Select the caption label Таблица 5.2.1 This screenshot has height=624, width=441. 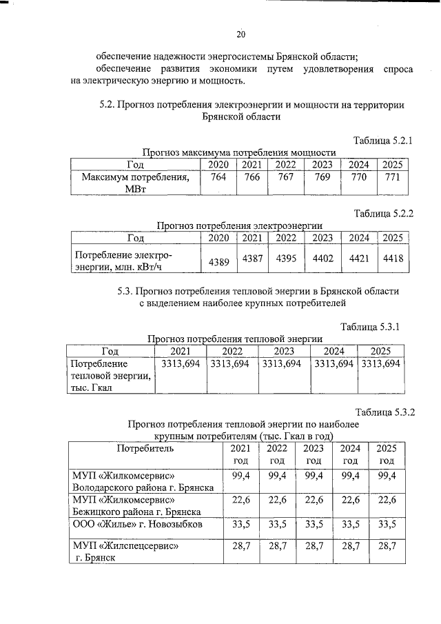[382, 141]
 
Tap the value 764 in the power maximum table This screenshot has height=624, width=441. [218, 177]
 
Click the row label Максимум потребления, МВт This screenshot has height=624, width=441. [134, 183]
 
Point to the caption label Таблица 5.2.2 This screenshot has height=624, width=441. [382, 214]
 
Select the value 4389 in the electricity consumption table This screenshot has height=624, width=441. [218, 261]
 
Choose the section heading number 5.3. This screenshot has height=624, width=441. [127, 291]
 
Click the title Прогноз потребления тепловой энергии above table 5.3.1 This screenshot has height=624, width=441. [236, 339]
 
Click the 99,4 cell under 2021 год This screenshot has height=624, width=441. [241, 476]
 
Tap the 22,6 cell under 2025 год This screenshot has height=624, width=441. [387, 500]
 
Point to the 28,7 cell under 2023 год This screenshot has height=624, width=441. [314, 545]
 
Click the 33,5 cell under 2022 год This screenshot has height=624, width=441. [277, 523]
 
